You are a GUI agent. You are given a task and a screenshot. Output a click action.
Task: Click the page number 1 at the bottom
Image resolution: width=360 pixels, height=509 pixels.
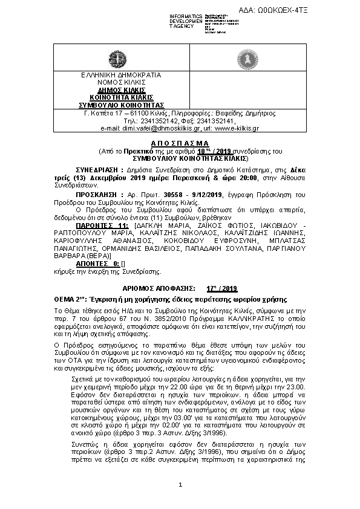(180, 485)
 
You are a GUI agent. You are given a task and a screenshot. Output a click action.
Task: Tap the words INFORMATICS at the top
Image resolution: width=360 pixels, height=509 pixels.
(186, 16)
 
